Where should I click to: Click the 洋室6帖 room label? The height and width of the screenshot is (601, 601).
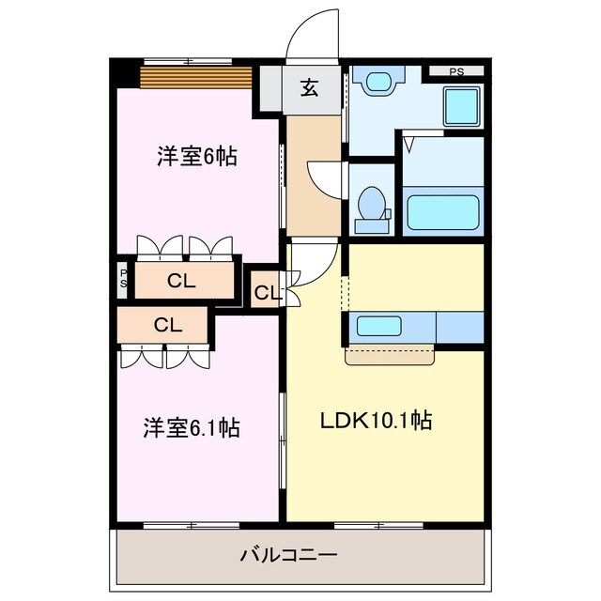pyautogui.click(x=196, y=157)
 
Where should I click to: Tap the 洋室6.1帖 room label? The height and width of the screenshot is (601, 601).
pyautogui.click(x=191, y=428)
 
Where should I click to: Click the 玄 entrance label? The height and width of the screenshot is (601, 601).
pyautogui.click(x=310, y=89)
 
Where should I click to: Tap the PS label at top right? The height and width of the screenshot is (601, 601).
pyautogui.click(x=455, y=71)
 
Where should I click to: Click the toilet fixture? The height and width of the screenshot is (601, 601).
pyautogui.click(x=371, y=205)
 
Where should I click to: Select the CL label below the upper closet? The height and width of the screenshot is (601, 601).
pyautogui.click(x=167, y=325)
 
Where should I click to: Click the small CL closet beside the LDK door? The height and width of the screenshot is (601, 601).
pyautogui.click(x=267, y=292)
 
